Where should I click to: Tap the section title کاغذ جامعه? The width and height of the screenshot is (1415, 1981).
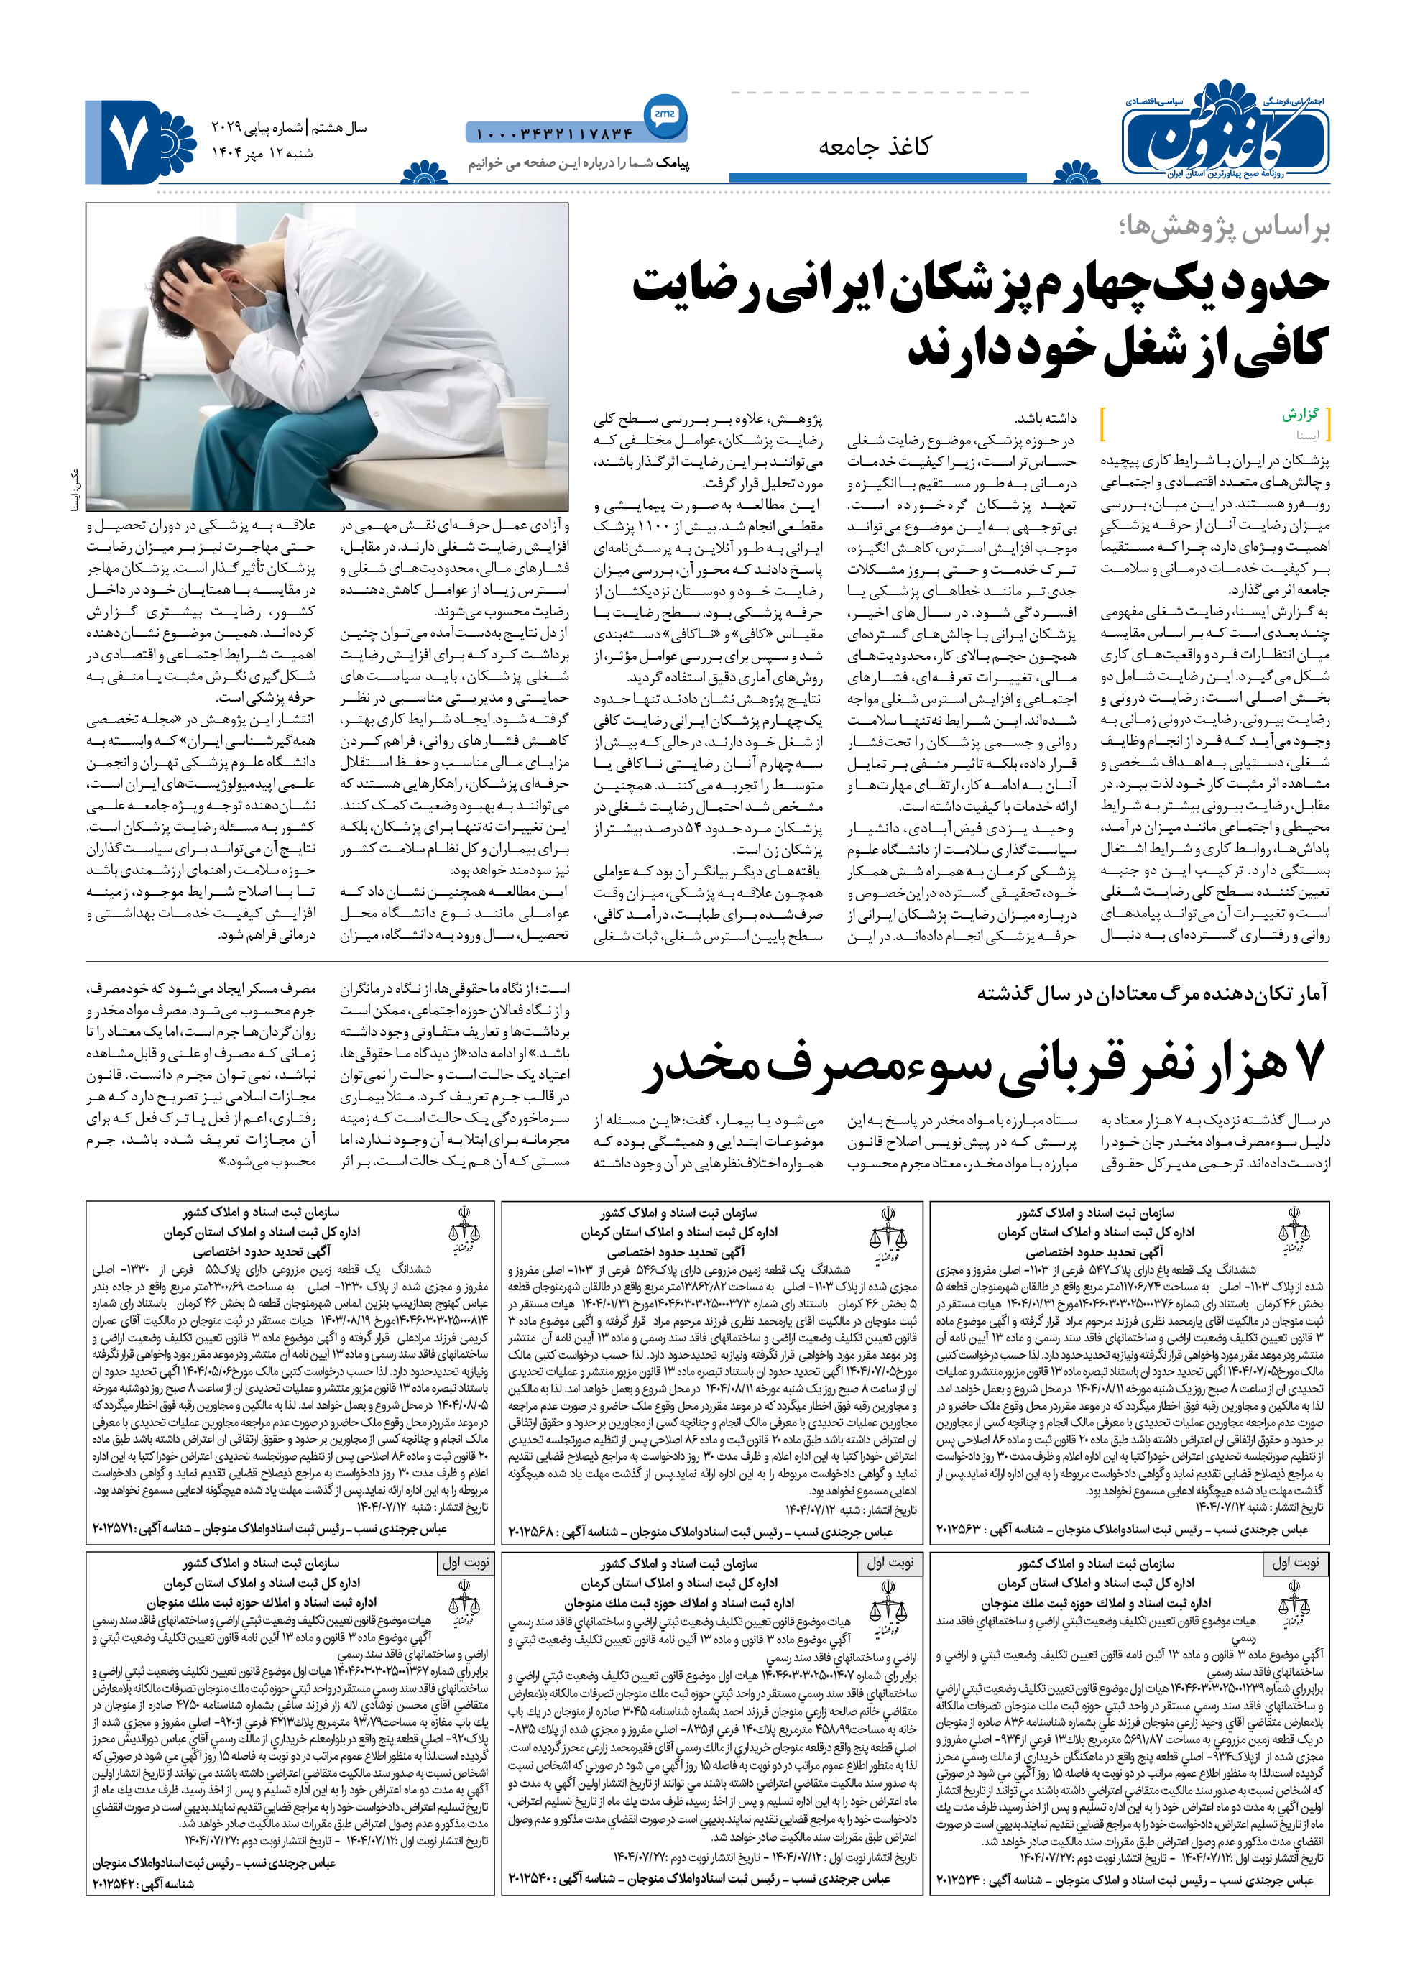click(874, 147)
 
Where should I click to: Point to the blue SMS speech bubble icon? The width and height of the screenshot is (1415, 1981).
click(663, 114)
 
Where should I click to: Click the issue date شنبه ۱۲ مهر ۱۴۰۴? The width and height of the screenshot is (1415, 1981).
click(262, 153)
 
